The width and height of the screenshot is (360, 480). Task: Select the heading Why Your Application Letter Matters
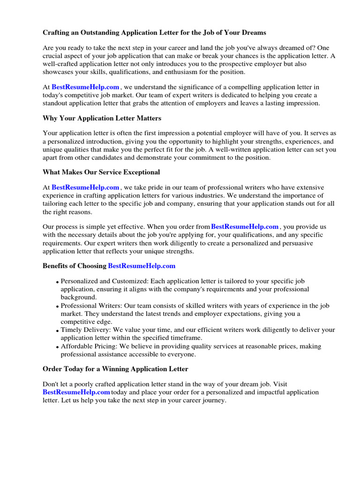pyautogui.click(x=102, y=118)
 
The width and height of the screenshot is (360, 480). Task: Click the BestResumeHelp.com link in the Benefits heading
pyautogui.click(x=142, y=266)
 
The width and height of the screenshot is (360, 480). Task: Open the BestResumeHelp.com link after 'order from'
pyautogui.click(x=245, y=226)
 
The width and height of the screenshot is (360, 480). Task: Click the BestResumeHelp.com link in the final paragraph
pyautogui.click(x=76, y=392)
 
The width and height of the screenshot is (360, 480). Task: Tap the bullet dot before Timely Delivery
pyautogui.click(x=58, y=331)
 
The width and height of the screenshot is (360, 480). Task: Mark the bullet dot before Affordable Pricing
pyautogui.click(x=58, y=347)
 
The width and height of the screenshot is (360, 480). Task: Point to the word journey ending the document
pyautogui.click(x=213, y=400)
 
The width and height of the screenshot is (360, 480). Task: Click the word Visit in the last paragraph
pyautogui.click(x=280, y=384)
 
